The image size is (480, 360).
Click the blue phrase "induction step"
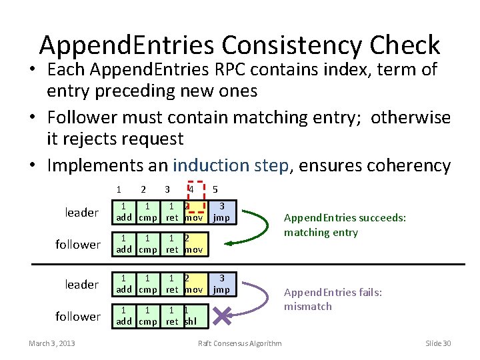pos(231,165)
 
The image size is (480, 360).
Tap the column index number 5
pos(215,189)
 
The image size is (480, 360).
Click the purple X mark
pos(225,315)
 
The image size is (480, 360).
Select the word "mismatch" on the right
pos(307,307)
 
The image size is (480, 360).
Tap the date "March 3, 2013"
pos(52,343)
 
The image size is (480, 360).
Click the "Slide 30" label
pos(438,343)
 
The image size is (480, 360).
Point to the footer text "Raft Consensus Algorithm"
pos(240,343)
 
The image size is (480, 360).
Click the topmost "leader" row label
pos(81,213)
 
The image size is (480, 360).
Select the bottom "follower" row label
pos(78,316)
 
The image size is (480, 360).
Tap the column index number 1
pos(119,189)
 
